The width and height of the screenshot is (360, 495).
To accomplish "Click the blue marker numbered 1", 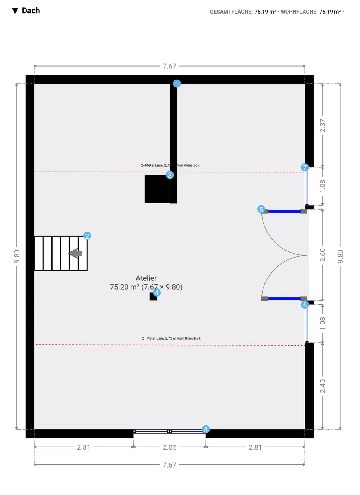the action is pyautogui.click(x=177, y=84).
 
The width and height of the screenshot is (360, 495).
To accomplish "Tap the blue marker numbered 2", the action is pyautogui.click(x=87, y=236).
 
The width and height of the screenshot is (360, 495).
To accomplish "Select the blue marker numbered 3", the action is pyautogui.click(x=170, y=175).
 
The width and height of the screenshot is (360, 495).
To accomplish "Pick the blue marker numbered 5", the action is pyautogui.click(x=261, y=209).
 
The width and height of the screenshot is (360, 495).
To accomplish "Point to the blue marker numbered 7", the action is pyautogui.click(x=305, y=167).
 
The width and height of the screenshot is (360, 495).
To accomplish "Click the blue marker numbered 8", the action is pyautogui.click(x=206, y=429).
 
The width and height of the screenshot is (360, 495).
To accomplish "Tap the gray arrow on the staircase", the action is pyautogui.click(x=75, y=253).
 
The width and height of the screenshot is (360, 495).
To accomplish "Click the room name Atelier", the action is pyautogui.click(x=146, y=278).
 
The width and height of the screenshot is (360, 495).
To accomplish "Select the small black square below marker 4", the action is pyautogui.click(x=153, y=297).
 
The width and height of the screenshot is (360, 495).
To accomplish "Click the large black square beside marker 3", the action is pyautogui.click(x=157, y=189).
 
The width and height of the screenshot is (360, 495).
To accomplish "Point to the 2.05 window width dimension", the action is pyautogui.click(x=169, y=447).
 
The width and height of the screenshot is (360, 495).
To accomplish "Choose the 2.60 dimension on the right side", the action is pyautogui.click(x=323, y=255).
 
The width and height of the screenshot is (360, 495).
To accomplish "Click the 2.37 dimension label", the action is pyautogui.click(x=323, y=126).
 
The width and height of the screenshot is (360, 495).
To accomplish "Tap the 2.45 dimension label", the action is pyautogui.click(x=323, y=386).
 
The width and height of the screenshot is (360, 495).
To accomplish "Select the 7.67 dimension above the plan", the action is pyautogui.click(x=169, y=66).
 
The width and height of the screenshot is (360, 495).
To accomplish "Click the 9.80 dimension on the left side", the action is pyautogui.click(x=17, y=256).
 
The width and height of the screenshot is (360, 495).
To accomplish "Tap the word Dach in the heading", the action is pyautogui.click(x=31, y=10).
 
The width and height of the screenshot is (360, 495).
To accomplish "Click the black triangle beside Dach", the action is pyautogui.click(x=15, y=11).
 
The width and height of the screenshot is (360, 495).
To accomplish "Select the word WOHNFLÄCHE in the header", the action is pyautogui.click(x=299, y=12).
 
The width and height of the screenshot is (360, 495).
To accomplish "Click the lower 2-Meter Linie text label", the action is pyautogui.click(x=171, y=338).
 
